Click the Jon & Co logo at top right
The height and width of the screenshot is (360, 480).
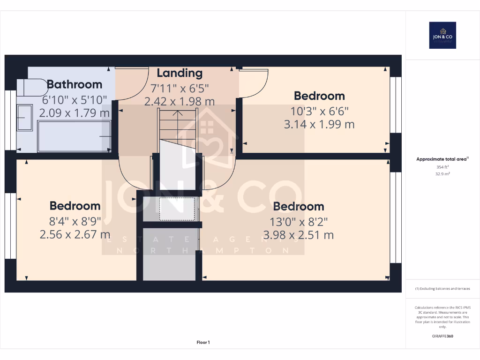pyautogui.click(x=442, y=35)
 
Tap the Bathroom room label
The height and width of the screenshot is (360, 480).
pyautogui.click(x=75, y=84)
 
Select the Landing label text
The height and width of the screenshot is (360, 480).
pyautogui.click(x=180, y=73)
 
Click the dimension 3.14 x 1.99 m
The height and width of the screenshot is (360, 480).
pyautogui.click(x=319, y=124)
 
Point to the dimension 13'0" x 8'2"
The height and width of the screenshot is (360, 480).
pyautogui.click(x=299, y=221)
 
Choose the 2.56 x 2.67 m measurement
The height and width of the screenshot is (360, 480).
pyautogui.click(x=75, y=234)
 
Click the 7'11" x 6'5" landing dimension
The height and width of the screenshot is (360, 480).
pyautogui.click(x=180, y=88)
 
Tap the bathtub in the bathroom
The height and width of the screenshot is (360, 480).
pyautogui.click(x=74, y=136)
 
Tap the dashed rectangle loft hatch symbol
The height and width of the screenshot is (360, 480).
pyautogui.click(x=177, y=209)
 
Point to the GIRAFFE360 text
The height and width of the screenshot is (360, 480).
pyautogui.click(x=442, y=336)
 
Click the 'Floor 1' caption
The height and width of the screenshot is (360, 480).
pyautogui.click(x=203, y=343)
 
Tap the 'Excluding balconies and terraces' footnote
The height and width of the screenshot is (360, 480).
pyautogui.click(x=442, y=289)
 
